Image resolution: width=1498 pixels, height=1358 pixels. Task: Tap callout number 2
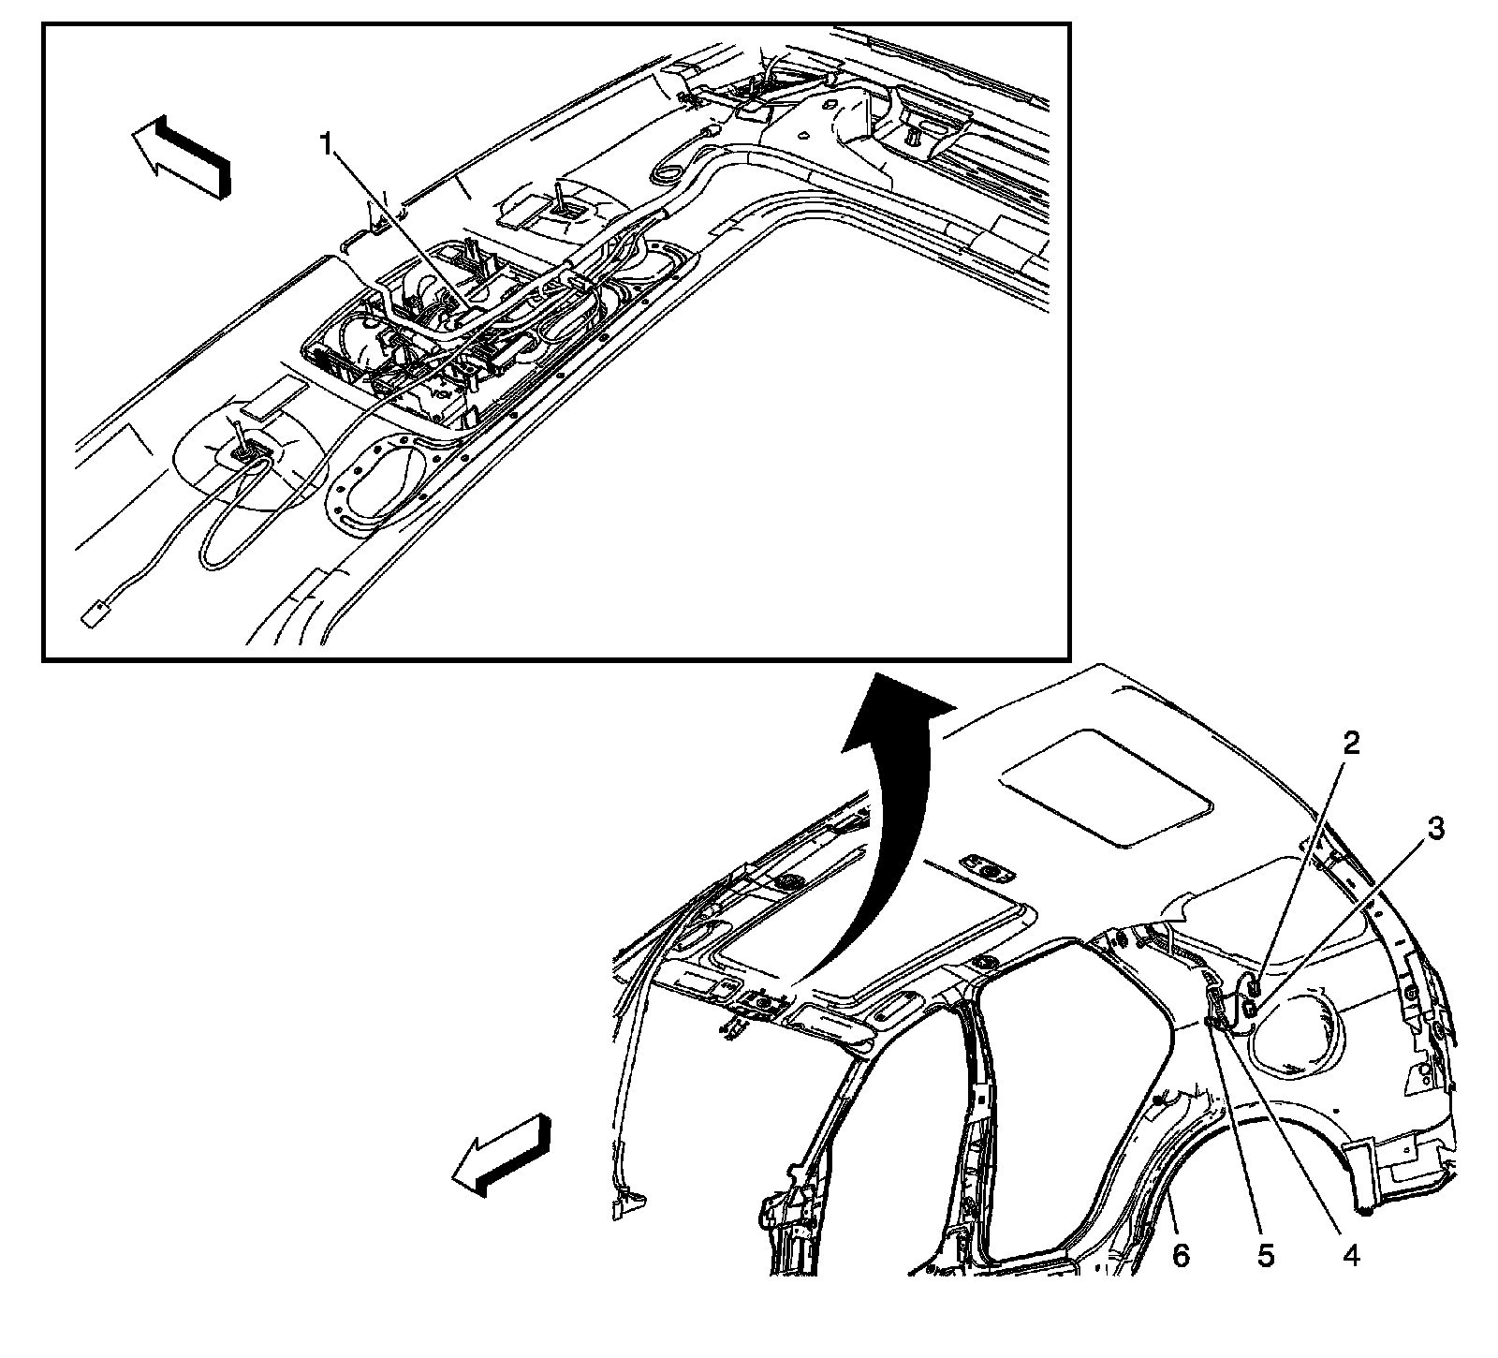(x=1350, y=743)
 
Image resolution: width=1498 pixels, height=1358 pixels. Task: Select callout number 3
(x=1435, y=829)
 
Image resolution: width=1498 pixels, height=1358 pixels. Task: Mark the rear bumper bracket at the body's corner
(x=1395, y=1161)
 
